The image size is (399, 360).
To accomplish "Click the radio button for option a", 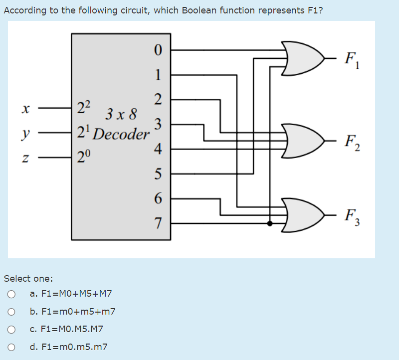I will tap(11, 294).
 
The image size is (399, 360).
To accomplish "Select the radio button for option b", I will tap(11, 312).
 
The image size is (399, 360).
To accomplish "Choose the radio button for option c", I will tap(11, 329).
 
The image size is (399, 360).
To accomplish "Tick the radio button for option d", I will tap(11, 347).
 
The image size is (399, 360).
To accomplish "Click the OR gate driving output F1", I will tap(304, 58).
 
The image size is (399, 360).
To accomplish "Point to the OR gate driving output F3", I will tap(304, 215).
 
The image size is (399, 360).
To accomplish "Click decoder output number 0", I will tap(158, 50).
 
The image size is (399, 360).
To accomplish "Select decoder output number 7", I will tap(158, 223).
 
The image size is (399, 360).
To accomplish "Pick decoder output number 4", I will tap(158, 149).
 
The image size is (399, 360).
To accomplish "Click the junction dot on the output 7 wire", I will tap(270, 223).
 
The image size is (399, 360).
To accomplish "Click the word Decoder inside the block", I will tap(121, 134).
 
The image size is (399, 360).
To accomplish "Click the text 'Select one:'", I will tap(28, 278).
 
